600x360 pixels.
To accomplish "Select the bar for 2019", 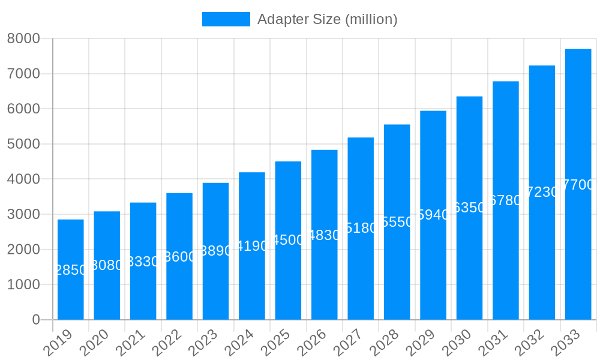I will click(71, 269).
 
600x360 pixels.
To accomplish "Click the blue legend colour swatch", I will click(226, 19).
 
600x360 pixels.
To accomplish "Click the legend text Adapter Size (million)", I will click(327, 19).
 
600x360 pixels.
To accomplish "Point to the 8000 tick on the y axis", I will click(23, 38).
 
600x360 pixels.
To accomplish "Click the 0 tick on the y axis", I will click(36, 320).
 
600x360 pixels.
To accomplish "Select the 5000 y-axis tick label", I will click(23, 144).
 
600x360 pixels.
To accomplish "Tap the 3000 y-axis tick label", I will click(23, 214).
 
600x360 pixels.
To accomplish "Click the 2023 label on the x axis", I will click(203, 343).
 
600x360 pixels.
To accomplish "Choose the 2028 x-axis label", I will click(384, 343).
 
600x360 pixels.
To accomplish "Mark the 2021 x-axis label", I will click(130, 343).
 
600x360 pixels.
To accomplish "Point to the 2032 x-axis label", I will click(529, 343).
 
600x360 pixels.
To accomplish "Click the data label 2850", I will click(71, 270).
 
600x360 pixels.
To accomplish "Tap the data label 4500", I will click(288, 240).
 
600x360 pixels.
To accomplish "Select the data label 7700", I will click(578, 185).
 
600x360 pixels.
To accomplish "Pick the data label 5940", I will click(433, 215).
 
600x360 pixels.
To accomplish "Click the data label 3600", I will click(179, 257).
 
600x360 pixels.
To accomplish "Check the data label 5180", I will click(361, 228).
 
